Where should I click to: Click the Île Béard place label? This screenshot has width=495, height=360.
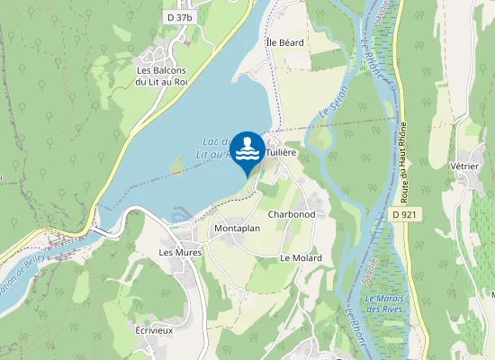coord(285,42)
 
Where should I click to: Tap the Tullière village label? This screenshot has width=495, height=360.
coord(281,153)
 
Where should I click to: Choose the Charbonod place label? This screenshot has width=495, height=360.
coord(292,215)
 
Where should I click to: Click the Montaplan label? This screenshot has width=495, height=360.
coord(238,229)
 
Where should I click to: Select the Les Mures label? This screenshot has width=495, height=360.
coord(180,253)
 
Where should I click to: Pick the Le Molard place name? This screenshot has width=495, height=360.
coord(301,258)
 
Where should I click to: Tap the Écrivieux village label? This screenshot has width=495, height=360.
coord(154,330)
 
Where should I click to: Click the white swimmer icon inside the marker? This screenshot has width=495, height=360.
coord(247,148)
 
